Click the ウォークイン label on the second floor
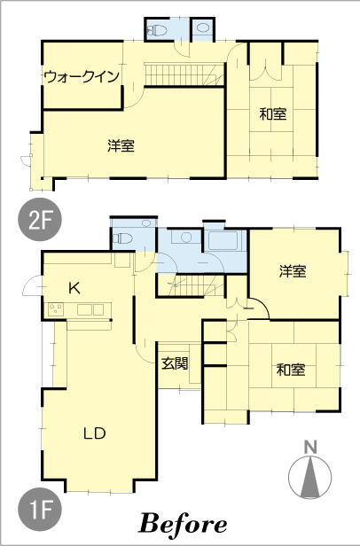[x=82, y=76]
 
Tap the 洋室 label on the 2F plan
[x=121, y=145]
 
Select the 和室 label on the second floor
[x=273, y=114]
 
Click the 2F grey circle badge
[x=39, y=220]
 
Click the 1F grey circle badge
[x=39, y=510]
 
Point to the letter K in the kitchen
[x=74, y=288]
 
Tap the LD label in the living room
[x=95, y=433]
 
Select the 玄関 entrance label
[x=175, y=363]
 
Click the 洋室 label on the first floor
[x=293, y=271]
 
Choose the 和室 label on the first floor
[x=291, y=370]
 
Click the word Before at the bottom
[x=183, y=524]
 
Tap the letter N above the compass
[x=310, y=447]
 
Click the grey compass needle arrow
[x=309, y=477]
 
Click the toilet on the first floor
[x=122, y=239]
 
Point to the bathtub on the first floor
[x=223, y=241]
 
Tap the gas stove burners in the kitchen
[x=56, y=309]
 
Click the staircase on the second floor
[x=184, y=74]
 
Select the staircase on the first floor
[x=191, y=285]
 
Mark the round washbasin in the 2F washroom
[x=202, y=27]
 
